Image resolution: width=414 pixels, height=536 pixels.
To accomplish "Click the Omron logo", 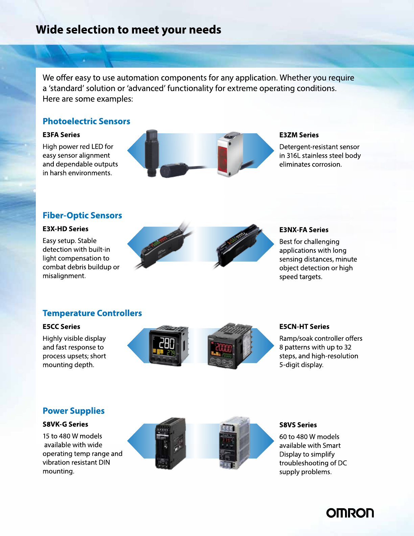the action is click(350, 513).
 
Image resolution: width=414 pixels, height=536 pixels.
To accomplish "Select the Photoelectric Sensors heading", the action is click(86, 121).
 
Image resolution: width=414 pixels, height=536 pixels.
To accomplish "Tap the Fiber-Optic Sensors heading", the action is click(82, 216).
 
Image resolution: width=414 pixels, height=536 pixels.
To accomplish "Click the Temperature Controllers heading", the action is click(92, 313).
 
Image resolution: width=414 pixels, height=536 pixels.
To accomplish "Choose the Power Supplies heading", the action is click(73, 411).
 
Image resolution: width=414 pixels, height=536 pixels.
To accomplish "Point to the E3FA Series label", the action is click(61, 135).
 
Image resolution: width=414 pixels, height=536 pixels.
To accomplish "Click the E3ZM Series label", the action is click(299, 135).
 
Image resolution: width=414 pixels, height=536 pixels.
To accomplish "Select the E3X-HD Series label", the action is click(65, 229).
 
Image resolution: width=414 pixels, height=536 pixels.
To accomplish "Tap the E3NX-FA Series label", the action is click(304, 230).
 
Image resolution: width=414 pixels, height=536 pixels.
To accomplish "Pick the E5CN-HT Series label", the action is click(304, 327).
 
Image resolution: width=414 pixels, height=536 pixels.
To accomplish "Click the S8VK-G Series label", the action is click(65, 424).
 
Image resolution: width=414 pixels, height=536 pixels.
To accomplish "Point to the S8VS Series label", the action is click(298, 425).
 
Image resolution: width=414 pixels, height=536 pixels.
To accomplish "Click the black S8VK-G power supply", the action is click(170, 443).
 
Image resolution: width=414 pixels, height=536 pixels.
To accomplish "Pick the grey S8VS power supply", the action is click(234, 443).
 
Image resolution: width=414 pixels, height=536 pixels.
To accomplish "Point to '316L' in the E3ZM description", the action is click(293, 156).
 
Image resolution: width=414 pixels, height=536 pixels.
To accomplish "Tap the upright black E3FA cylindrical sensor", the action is click(152, 152).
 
